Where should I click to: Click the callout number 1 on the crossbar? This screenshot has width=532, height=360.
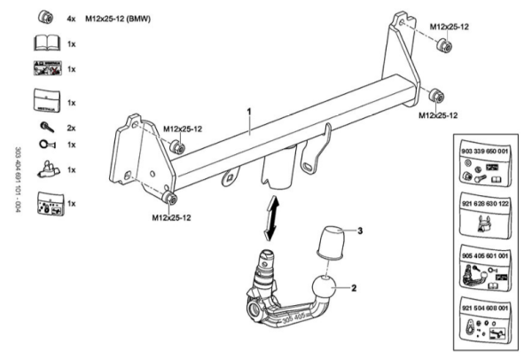coord(250,113)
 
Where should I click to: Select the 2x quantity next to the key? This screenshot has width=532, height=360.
coord(72,129)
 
